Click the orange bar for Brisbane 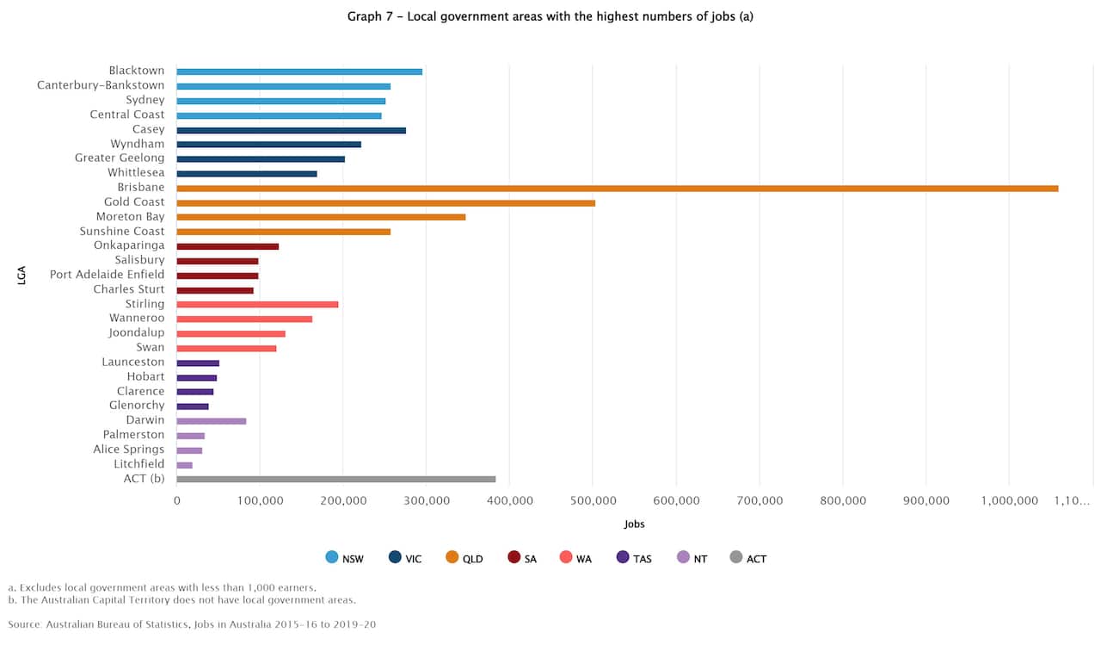click(x=617, y=188)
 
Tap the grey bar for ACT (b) click(x=335, y=479)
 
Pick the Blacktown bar click(x=299, y=71)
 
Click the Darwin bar click(x=211, y=421)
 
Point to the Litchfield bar click(x=184, y=464)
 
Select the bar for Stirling click(x=257, y=304)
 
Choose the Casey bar click(x=291, y=130)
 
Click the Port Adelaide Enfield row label click(x=107, y=275)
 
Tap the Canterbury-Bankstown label click(x=101, y=85)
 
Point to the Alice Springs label click(x=129, y=450)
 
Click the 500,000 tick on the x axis click(x=593, y=499)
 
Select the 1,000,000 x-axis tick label click(x=1008, y=499)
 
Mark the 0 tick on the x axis click(x=176, y=499)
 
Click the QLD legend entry click(x=464, y=558)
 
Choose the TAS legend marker click(x=623, y=557)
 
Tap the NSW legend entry click(x=344, y=558)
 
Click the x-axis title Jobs click(x=634, y=524)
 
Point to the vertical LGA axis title click(x=22, y=276)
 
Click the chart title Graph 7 click(x=550, y=16)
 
